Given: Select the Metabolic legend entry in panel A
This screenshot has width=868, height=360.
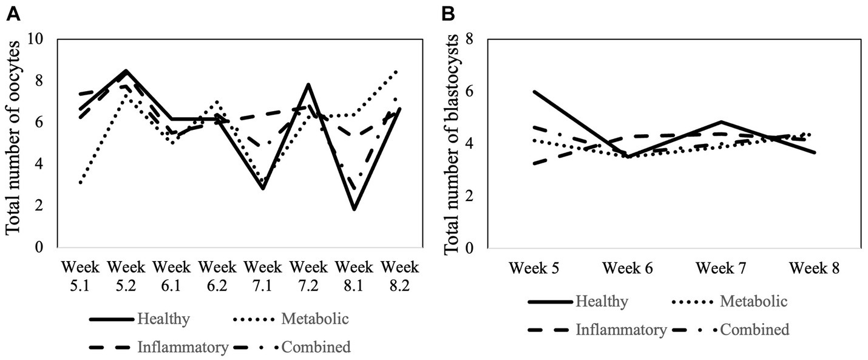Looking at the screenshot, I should click(x=314, y=318).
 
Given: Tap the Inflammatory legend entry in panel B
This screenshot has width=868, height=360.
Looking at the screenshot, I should click(x=627, y=330).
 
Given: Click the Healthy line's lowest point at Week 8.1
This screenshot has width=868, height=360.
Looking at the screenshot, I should click(x=354, y=209).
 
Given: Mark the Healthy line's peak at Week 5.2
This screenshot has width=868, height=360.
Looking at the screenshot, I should click(x=126, y=71).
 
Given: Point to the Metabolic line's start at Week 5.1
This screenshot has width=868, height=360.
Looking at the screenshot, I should click(x=80, y=183).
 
